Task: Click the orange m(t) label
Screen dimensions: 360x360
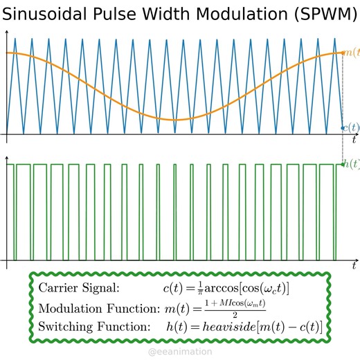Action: [x=350, y=53]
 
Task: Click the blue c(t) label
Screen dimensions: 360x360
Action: [x=351, y=127]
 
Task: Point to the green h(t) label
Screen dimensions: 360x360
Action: [x=351, y=164]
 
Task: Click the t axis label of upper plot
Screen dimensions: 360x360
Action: [x=353, y=139]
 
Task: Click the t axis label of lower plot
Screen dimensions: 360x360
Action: [x=353, y=265]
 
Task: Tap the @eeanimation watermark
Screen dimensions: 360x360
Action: [x=180, y=352]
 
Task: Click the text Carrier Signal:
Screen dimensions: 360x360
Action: [x=79, y=288]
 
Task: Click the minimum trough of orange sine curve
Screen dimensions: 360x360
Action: [x=177, y=119]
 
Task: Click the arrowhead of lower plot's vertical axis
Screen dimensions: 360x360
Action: [x=8, y=152]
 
